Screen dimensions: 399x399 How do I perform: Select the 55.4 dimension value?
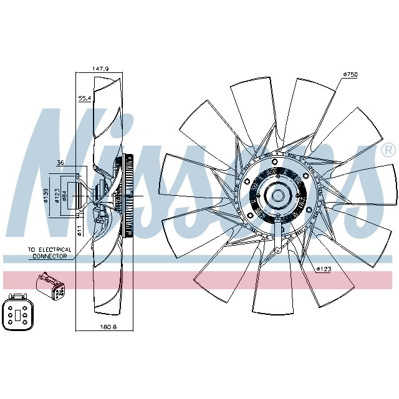pyautogui.click(x=84, y=98)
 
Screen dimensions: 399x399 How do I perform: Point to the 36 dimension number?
pyautogui.click(x=60, y=164)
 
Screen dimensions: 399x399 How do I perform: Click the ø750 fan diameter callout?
pyautogui.click(x=350, y=74)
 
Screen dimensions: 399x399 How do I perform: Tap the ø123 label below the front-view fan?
pyautogui.click(x=324, y=269)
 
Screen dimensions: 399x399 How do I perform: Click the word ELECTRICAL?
pyautogui.click(x=57, y=249)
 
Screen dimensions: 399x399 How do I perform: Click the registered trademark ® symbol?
pyautogui.click(x=387, y=150)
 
